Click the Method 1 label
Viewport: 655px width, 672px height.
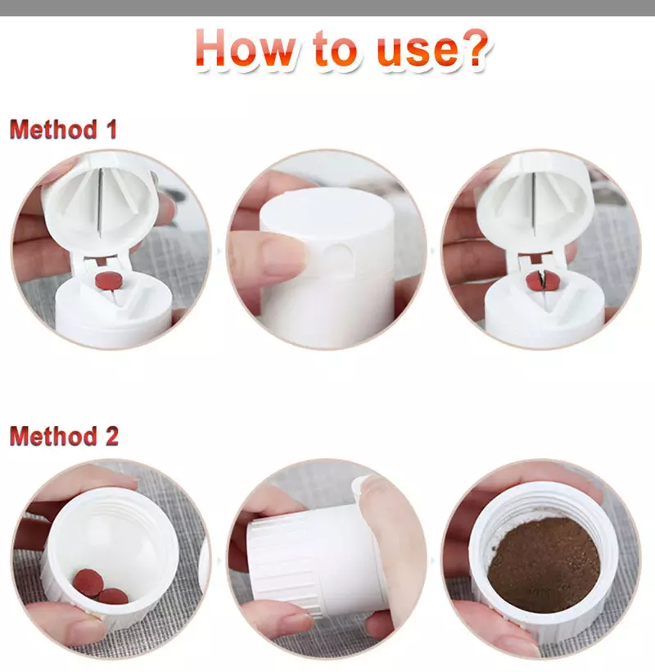(63, 129)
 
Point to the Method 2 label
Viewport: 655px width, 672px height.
(63, 437)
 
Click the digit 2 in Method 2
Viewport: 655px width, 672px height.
(111, 437)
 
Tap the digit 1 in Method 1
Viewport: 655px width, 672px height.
(110, 129)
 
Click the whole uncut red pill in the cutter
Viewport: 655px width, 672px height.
(106, 281)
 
